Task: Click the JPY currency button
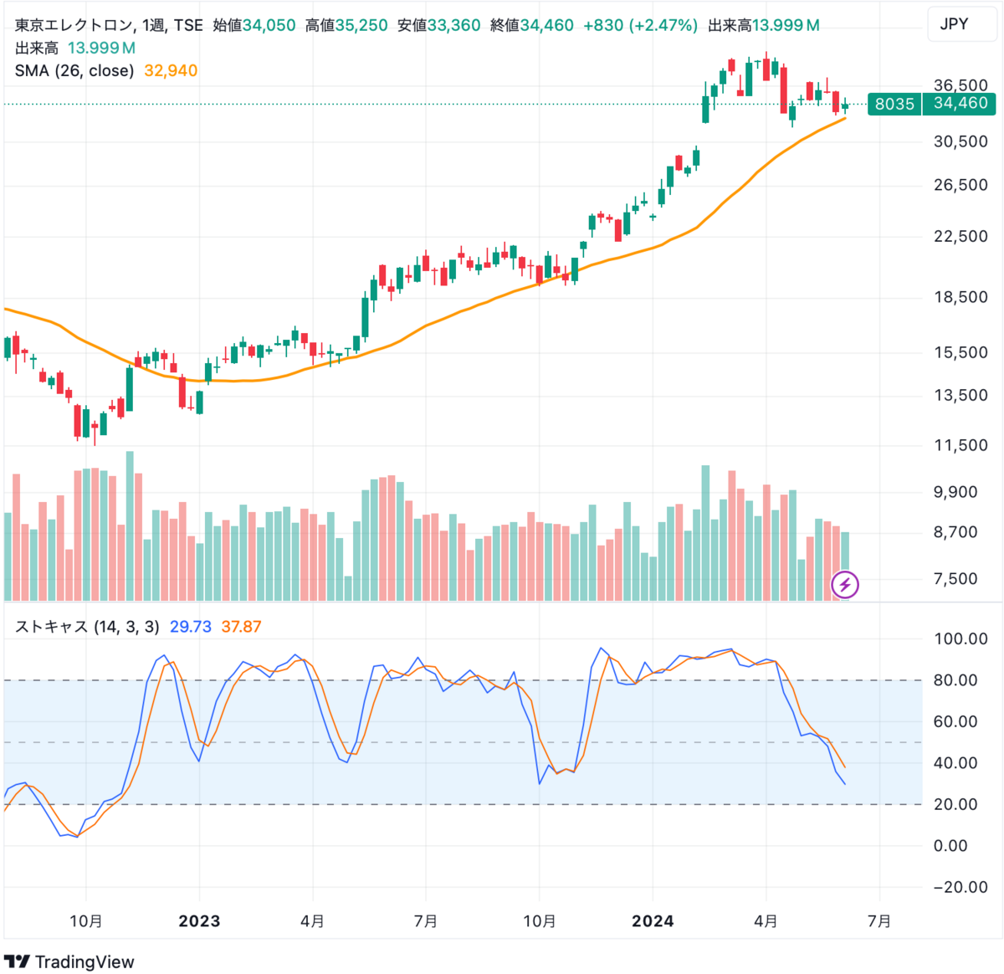pos(954,24)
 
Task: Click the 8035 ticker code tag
pos(894,104)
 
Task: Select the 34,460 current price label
pos(960,103)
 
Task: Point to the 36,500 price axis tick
pos(960,85)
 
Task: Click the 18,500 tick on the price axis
pos(960,297)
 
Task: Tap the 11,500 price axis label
pos(960,445)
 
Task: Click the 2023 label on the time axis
pos(199,921)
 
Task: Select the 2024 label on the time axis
pos(653,921)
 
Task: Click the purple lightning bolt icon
pos(845,584)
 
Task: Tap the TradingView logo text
pos(84,961)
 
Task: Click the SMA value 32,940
pos(171,71)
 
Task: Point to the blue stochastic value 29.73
pos(191,627)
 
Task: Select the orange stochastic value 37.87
pos(241,627)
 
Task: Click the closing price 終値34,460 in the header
pos(531,26)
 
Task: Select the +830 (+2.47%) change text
pos(640,26)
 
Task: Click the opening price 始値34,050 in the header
pos(254,26)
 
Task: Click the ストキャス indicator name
pos(52,627)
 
